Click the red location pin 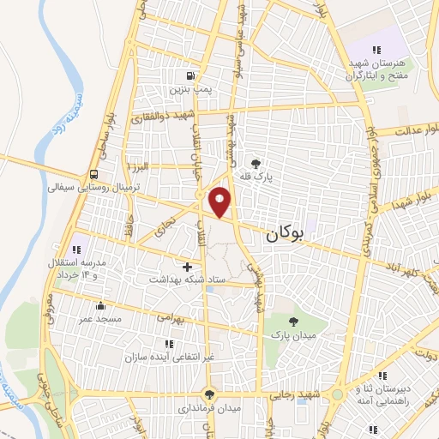[221, 201]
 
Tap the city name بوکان [286, 232]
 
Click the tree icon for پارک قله [255, 161]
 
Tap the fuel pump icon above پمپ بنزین [201, 75]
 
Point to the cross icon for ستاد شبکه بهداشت [188, 267]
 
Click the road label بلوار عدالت [411, 131]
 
